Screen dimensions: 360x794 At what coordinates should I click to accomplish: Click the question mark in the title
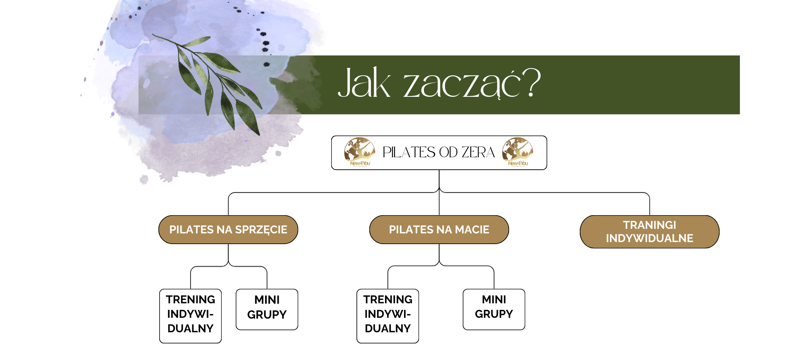pos(531,83)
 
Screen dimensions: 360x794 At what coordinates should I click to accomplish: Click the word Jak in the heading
pos(364,84)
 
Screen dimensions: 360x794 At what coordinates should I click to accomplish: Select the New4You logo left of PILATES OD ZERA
pos(360,152)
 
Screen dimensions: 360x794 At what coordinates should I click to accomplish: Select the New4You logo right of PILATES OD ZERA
pos(518,152)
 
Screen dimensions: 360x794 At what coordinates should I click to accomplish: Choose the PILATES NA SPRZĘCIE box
pos(228,230)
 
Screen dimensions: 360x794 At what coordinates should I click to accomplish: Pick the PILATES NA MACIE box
pos(439,230)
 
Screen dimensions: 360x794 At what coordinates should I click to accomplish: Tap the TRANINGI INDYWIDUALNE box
pos(649,232)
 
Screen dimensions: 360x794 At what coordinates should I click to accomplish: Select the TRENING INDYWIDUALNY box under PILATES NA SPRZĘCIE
pos(190,316)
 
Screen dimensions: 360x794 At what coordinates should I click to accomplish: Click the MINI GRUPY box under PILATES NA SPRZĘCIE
pos(267,309)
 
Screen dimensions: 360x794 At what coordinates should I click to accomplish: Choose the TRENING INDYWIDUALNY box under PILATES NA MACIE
pos(387,316)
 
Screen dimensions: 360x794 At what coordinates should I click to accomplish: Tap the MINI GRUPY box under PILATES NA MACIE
pos(494,309)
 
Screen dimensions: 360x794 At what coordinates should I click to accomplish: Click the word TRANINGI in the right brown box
pos(649,225)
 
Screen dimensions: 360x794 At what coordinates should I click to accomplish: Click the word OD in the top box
pos(448,152)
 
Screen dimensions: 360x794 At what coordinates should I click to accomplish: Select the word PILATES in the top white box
pos(409,152)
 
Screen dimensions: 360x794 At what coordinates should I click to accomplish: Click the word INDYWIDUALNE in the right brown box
pos(649,238)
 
